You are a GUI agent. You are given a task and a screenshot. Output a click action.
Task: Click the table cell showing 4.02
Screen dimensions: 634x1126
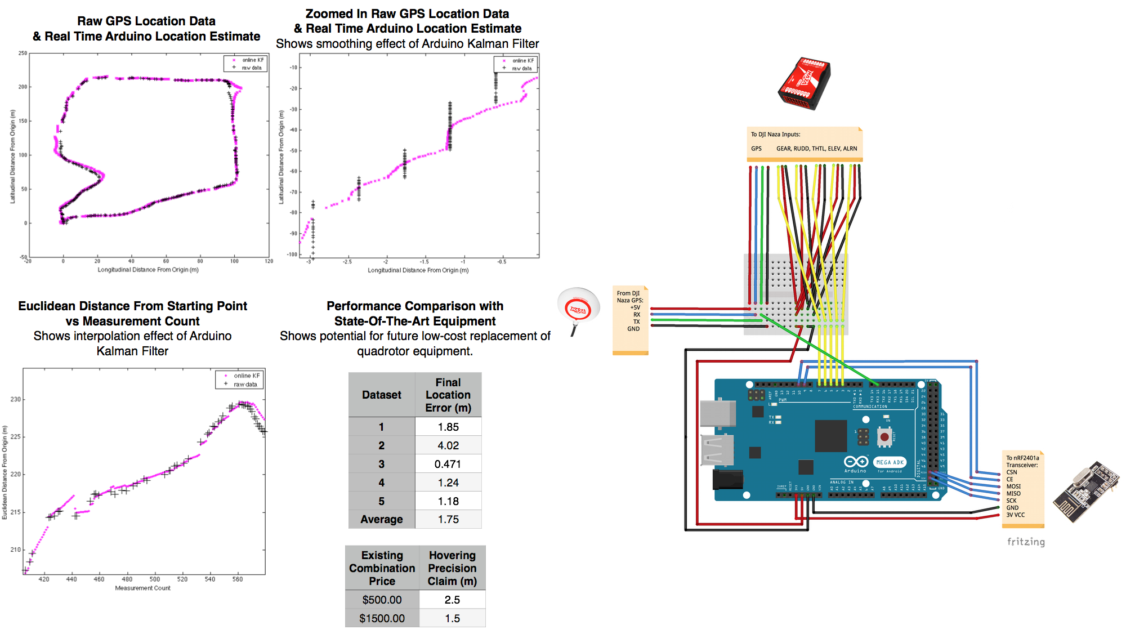point(448,445)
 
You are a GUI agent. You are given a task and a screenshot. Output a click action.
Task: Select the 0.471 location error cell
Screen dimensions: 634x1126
point(448,464)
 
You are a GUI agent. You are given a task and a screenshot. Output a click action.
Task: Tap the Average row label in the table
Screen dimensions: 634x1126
point(381,519)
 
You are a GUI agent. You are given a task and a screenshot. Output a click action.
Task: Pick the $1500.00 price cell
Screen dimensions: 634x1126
point(382,618)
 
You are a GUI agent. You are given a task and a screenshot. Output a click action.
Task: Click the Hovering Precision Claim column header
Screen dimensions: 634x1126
point(452,568)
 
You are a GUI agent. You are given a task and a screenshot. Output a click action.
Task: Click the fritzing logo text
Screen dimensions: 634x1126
point(1026,542)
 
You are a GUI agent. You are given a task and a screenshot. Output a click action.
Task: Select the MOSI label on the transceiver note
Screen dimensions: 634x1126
point(1013,486)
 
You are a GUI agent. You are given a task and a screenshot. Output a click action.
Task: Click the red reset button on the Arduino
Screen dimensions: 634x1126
point(884,436)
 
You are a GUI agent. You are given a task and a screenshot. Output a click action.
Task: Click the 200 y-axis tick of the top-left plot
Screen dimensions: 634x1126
point(23,87)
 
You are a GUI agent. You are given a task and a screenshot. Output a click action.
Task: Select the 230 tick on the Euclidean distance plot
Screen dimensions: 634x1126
point(15,399)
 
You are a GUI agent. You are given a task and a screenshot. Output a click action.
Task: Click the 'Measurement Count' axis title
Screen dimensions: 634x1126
point(142,588)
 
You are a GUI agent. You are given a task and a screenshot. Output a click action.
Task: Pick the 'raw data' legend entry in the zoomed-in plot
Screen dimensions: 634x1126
point(521,69)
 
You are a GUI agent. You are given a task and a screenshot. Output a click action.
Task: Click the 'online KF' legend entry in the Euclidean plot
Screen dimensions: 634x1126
point(247,376)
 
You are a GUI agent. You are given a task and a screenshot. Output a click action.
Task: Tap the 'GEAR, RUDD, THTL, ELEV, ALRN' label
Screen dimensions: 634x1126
point(816,149)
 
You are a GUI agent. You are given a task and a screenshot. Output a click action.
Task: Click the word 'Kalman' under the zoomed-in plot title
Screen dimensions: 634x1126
point(490,44)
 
